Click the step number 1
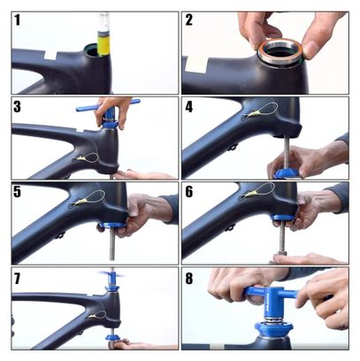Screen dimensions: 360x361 pos(18,20)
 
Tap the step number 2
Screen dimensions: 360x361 pos(189,20)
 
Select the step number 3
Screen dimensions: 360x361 pos(17,107)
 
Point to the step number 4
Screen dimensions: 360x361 pos(189,107)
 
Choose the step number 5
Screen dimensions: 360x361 pos(17,192)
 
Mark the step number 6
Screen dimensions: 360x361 pos(189,192)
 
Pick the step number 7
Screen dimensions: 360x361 pos(17,278)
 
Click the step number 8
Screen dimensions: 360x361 pos(189,278)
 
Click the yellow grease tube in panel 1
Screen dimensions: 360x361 pos(103,45)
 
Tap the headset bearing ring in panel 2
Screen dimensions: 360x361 pos(280,53)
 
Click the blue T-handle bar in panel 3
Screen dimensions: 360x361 pos(108,105)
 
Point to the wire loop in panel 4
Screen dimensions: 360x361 pos(263,110)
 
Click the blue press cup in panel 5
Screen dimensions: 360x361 pos(113,225)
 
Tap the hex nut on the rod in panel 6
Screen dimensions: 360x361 pos(282,254)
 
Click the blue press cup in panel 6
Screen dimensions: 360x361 pos(283,218)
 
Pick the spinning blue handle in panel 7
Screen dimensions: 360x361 pos(111,275)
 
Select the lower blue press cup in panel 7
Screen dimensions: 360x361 pos(112,336)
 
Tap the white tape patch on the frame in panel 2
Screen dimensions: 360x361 pos(196,64)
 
